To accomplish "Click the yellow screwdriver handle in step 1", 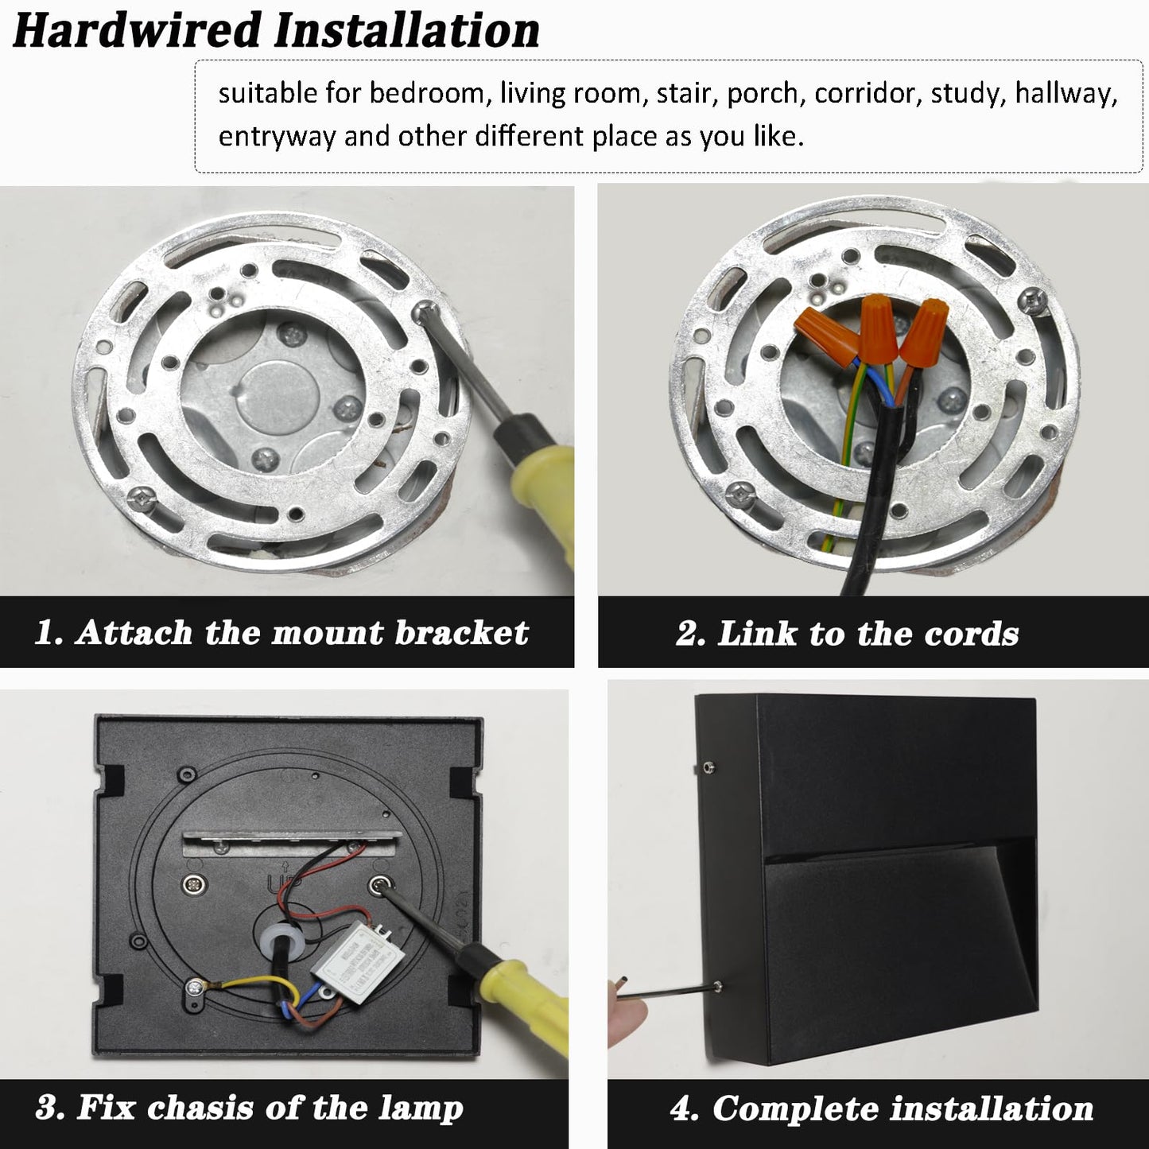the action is [x=542, y=495].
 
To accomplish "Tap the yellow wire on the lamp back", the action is [x=256, y=988].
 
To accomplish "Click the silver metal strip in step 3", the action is [x=287, y=843].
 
